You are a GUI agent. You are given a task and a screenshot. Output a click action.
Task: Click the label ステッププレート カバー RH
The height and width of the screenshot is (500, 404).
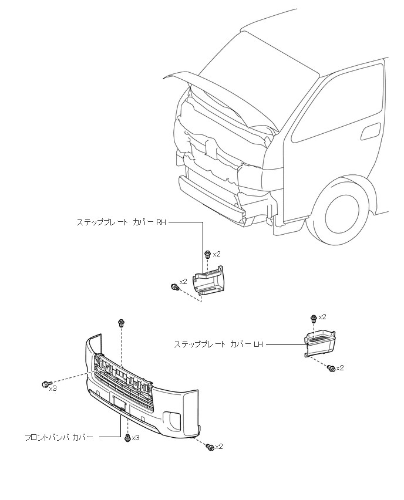tap(122, 222)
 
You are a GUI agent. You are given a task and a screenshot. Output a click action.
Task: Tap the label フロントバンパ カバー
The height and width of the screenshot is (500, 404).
tap(59, 437)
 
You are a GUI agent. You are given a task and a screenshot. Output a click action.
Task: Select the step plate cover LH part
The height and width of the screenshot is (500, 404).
tap(319, 343)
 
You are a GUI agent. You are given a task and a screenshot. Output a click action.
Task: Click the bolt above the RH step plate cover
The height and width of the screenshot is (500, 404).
tap(207, 254)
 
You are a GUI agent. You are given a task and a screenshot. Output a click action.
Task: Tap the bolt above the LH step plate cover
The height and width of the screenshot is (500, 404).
tap(314, 317)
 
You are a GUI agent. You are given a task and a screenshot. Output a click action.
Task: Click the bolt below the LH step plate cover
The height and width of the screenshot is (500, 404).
tap(332, 369)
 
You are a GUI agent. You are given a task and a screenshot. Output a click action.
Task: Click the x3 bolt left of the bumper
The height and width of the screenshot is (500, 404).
tap(46, 384)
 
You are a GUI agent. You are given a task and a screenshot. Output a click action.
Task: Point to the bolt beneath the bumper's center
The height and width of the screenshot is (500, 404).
tap(127, 437)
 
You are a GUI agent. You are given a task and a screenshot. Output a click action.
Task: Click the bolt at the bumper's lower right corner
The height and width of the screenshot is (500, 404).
tap(210, 447)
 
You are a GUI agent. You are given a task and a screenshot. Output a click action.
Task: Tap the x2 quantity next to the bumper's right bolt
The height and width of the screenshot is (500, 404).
tap(219, 447)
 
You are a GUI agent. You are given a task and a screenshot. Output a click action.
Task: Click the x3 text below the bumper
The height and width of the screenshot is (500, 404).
tap(136, 438)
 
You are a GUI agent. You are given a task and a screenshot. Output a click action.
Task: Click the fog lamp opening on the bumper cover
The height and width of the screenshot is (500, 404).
tap(174, 418)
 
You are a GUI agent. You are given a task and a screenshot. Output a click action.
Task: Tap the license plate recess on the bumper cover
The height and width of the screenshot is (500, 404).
tap(119, 404)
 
